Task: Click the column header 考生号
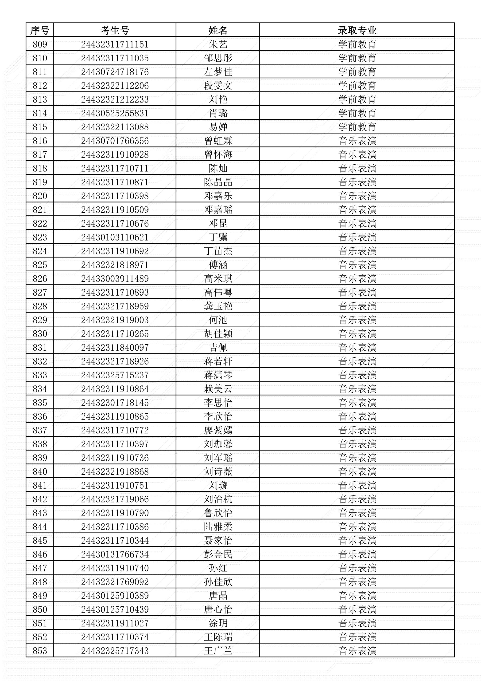pyautogui.click(x=115, y=30)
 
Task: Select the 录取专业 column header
pyautogui.click(x=357, y=30)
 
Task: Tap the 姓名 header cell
pyautogui.click(x=218, y=30)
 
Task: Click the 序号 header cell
pyautogui.click(x=40, y=30)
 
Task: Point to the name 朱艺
pyautogui.click(x=218, y=44)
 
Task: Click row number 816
pyautogui.click(x=40, y=141)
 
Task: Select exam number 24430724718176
pyautogui.click(x=115, y=72)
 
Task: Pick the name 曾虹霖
pyautogui.click(x=218, y=141)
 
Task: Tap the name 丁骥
pyautogui.click(x=218, y=237)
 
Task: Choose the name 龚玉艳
pyautogui.click(x=218, y=306)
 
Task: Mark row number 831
pyautogui.click(x=40, y=348)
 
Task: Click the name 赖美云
pyautogui.click(x=218, y=389)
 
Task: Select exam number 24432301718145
pyautogui.click(x=115, y=403)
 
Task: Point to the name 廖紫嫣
pyautogui.click(x=218, y=430)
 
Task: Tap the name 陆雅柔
pyautogui.click(x=218, y=527)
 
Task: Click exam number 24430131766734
pyautogui.click(x=115, y=554)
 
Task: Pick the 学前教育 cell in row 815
pyautogui.click(x=357, y=127)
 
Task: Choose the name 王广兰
pyautogui.click(x=218, y=651)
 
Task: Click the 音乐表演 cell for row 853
pyautogui.click(x=357, y=651)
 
